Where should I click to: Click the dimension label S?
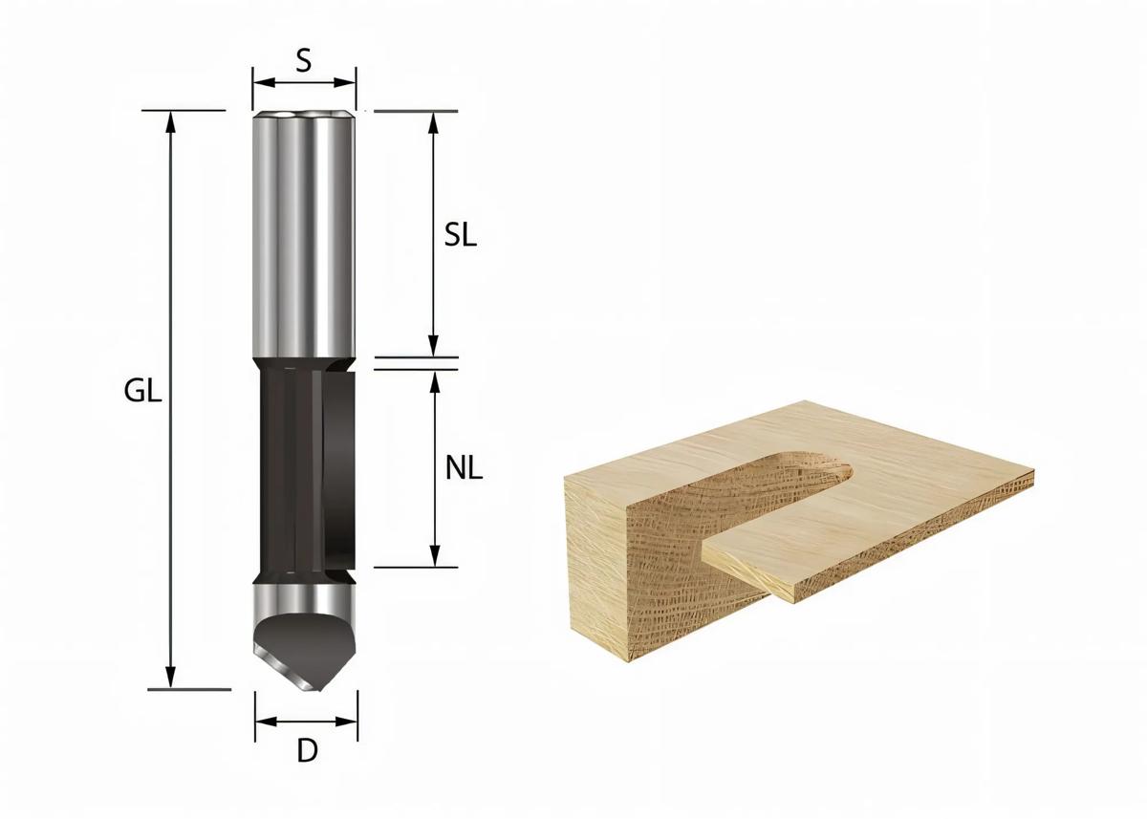point(303,60)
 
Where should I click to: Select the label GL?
point(143,392)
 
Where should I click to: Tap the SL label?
point(461,236)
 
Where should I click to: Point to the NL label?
point(464,468)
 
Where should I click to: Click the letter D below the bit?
point(306,751)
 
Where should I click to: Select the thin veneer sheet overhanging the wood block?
point(860,535)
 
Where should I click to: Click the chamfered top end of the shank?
point(304,116)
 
